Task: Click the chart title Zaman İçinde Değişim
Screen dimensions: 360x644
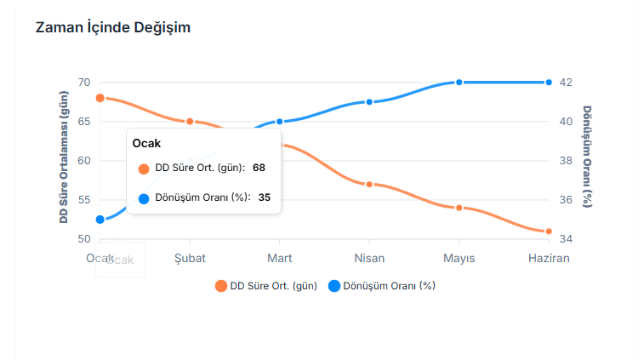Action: pos(112,27)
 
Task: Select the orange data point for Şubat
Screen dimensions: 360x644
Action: pos(190,122)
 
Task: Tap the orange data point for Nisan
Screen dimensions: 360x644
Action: pos(369,185)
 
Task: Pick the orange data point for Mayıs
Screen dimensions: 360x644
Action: pos(459,208)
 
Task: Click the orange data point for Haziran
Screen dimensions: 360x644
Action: pos(549,231)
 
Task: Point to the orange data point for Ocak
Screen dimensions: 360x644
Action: pos(100,98)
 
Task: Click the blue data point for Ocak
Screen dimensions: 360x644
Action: pos(100,220)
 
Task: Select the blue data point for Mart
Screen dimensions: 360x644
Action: pos(280,122)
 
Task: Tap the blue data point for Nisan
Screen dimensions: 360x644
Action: pos(369,102)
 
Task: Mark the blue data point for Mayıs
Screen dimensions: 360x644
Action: pos(459,83)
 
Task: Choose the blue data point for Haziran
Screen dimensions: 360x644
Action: pos(549,83)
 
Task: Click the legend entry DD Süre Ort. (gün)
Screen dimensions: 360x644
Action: pos(266,286)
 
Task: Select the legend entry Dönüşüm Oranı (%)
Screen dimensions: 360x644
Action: pos(382,286)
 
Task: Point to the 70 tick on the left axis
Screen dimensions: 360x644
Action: pos(83,83)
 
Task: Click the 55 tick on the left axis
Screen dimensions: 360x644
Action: pos(83,200)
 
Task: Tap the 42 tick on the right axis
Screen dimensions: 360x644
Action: pos(566,83)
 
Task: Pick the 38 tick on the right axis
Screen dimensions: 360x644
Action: pos(566,161)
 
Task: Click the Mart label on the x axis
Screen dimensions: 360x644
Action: pos(280,258)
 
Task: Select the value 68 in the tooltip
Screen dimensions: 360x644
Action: pos(259,168)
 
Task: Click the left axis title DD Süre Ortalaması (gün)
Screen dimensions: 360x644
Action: pos(64,161)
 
